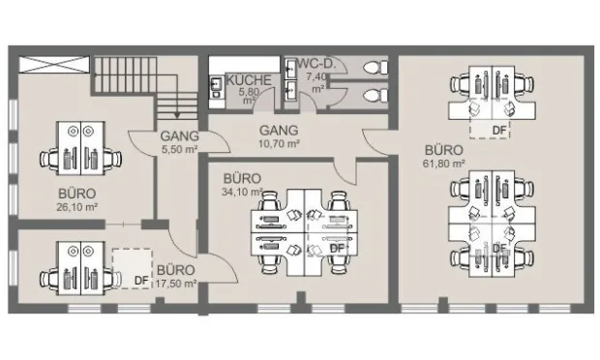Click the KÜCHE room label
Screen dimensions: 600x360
[x=249, y=80]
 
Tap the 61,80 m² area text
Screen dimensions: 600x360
[x=444, y=164]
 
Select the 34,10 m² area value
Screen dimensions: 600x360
[x=242, y=192]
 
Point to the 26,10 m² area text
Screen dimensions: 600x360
[x=76, y=207]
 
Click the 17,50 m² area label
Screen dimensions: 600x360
[x=176, y=284]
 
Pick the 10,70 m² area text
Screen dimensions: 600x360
[x=279, y=144]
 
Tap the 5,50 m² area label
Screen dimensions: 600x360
[x=179, y=149]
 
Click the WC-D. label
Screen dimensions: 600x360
[x=316, y=64]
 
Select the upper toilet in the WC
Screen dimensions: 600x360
[x=375, y=68]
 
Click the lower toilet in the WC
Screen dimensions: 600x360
[x=375, y=95]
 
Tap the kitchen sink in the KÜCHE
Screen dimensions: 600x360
[x=217, y=84]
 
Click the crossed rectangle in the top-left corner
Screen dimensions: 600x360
[x=54, y=64]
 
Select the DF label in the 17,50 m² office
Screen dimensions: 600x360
[x=141, y=281]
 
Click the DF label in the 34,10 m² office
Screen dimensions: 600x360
[x=337, y=249]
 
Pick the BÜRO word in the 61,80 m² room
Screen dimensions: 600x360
[x=444, y=150]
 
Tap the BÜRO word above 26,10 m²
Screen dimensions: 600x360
[x=76, y=194]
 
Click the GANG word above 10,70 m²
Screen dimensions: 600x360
[x=279, y=131]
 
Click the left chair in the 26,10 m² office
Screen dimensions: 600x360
[x=49, y=158]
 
